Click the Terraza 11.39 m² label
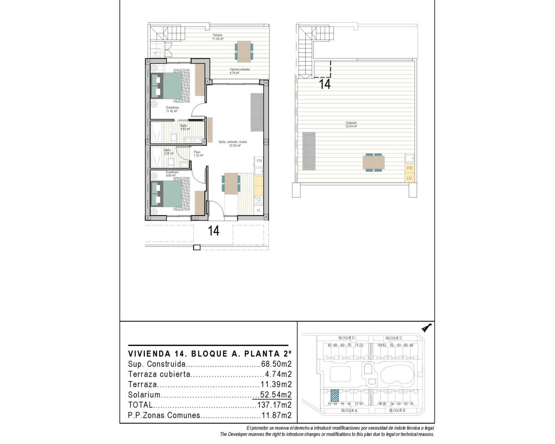[218, 37]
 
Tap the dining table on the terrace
[244, 51]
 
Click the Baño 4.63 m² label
[185, 127]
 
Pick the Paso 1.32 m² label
[198, 153]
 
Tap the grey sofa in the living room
[256, 112]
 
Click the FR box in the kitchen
[259, 161]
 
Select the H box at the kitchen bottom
[258, 211]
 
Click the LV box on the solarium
[409, 178]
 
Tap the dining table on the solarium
[373, 162]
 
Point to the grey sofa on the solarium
[308, 150]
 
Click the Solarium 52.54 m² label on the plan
[351, 124]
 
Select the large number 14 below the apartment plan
[213, 231]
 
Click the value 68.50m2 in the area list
[276, 364]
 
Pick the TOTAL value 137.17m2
[274, 405]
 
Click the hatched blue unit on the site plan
[334, 396]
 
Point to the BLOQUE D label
[346, 338]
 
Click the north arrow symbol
[427, 328]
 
